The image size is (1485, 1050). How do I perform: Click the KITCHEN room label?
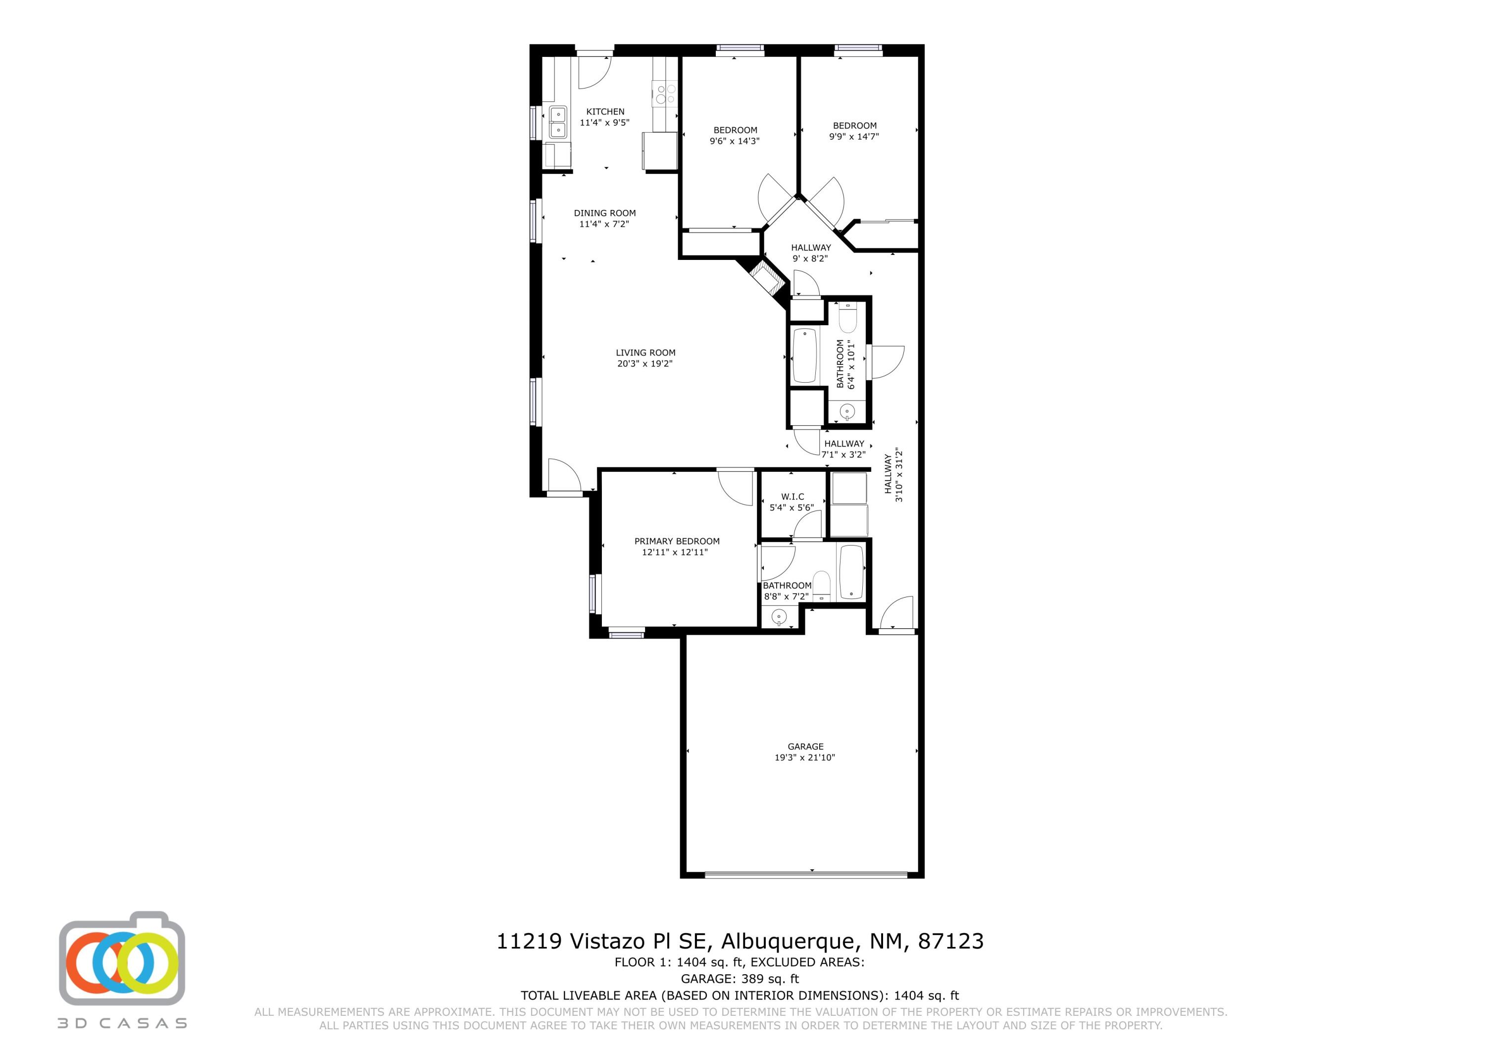[x=605, y=112]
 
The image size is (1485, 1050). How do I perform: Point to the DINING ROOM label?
[x=605, y=213]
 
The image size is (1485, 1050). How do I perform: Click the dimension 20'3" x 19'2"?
[x=645, y=363]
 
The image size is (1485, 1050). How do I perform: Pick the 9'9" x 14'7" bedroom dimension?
[x=854, y=137]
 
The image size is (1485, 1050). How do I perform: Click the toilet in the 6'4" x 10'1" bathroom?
[x=847, y=319]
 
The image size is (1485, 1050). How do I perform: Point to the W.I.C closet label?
[x=792, y=497]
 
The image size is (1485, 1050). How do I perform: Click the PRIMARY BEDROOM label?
[x=677, y=542]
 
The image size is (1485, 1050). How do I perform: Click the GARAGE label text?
[x=805, y=746]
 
